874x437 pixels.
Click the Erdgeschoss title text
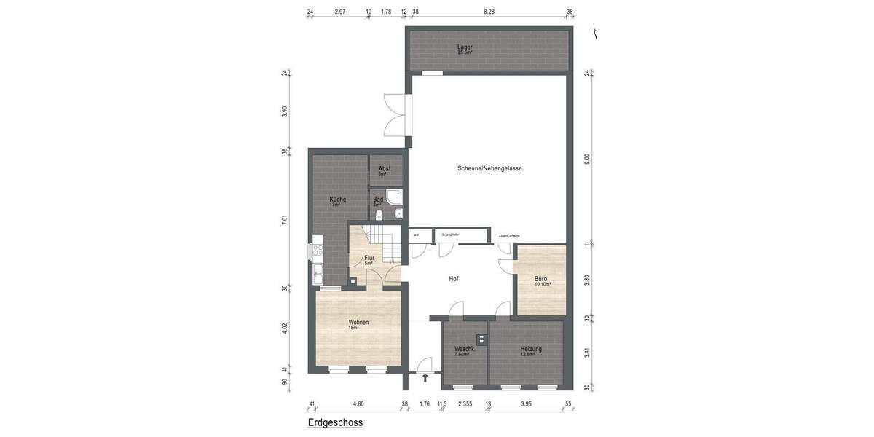[x=335, y=422]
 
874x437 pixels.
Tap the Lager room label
[x=465, y=48]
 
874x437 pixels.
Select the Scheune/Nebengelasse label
[x=489, y=168]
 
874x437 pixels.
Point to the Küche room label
[x=337, y=200]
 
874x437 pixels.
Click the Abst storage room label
[x=384, y=169]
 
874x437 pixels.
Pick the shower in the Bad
[x=395, y=197]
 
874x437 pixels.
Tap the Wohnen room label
[x=358, y=323]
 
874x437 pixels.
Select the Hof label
[x=453, y=279]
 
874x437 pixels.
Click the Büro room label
[x=540, y=279]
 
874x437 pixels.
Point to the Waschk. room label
[x=465, y=349]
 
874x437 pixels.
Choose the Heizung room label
[x=530, y=349]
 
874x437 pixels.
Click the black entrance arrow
[x=425, y=378]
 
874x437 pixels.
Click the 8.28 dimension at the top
[x=489, y=12]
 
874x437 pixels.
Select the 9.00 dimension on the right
[x=587, y=158]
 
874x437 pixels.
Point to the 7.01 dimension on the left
[x=285, y=219]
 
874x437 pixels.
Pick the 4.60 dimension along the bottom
[x=358, y=403]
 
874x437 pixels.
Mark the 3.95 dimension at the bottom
[x=526, y=403]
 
